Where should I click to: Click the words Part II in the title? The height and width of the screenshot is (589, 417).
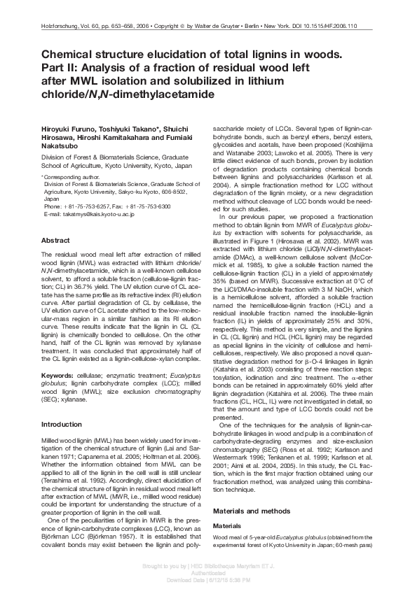(60, 69)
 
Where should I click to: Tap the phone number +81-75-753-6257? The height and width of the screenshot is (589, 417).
(95, 206)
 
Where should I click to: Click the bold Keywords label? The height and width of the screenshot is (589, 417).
(58, 375)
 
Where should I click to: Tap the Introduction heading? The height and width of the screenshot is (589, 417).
(62, 425)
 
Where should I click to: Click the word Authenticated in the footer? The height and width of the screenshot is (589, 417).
(208, 574)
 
